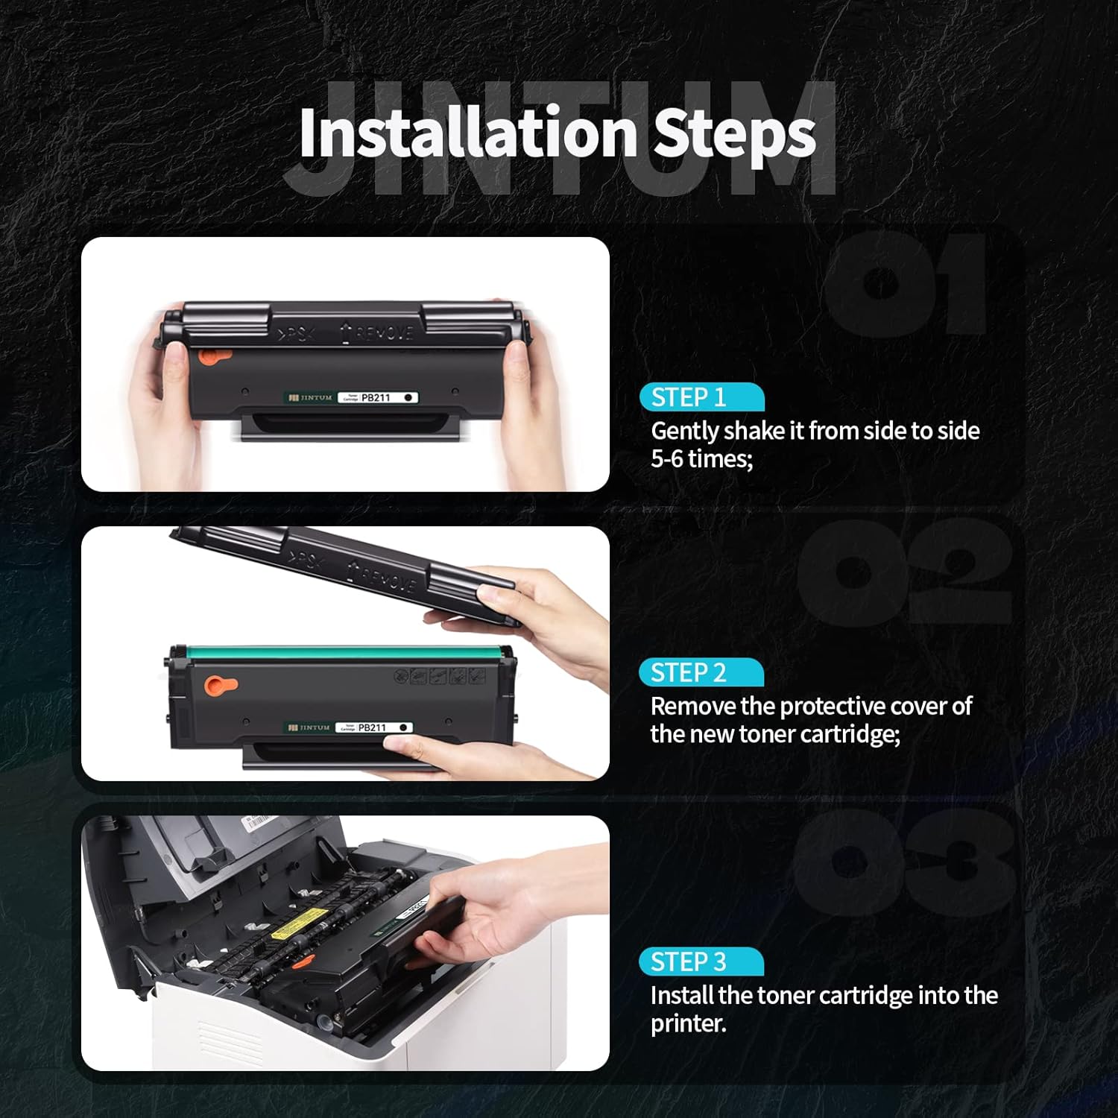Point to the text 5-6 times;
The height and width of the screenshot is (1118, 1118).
(701, 459)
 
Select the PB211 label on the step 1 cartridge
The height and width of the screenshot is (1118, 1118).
(376, 398)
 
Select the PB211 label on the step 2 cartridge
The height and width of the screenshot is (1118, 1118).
(373, 727)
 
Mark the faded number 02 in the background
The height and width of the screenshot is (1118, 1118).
(902, 570)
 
